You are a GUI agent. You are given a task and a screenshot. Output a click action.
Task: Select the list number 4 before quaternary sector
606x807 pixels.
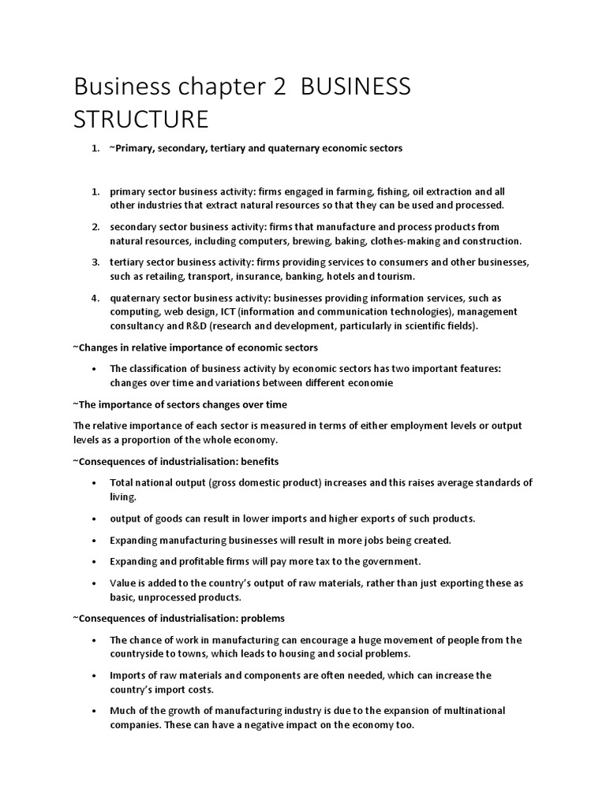click(95, 298)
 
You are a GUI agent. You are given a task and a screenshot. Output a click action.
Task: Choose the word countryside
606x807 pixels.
click(137, 654)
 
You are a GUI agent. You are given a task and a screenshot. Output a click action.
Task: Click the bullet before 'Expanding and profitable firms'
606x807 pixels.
click(95, 562)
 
